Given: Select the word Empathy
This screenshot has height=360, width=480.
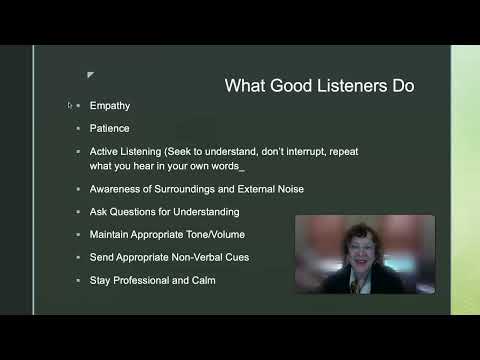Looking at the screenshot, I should pos(109,105).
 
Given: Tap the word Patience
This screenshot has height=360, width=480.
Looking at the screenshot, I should pos(109,128).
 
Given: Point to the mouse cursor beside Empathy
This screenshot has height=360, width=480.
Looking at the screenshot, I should pos(70,105).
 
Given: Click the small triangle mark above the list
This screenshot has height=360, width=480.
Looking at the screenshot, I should pos(90,74).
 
